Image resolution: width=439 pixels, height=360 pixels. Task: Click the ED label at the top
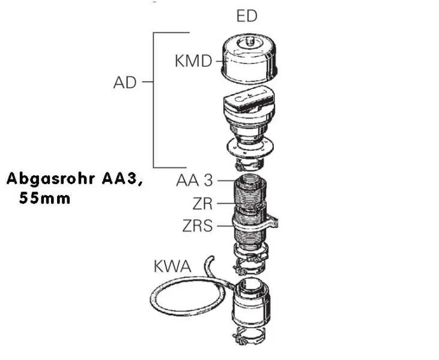coord(247,16)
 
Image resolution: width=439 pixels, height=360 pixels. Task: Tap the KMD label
coord(193,61)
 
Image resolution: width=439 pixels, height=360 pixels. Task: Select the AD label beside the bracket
coord(125,83)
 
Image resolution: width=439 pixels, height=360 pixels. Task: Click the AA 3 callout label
coord(195,181)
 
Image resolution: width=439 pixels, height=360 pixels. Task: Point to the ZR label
coord(202,204)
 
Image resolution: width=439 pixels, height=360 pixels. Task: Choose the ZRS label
coord(198,226)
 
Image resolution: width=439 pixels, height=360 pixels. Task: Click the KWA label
coord(173,266)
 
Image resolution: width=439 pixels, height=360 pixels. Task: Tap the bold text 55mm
coord(45,199)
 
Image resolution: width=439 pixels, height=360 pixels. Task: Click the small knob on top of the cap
coord(249,41)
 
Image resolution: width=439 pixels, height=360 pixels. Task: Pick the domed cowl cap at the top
coord(250,59)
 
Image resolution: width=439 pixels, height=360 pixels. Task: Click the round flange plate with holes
coord(249,148)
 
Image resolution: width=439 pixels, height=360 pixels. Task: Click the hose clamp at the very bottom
coord(249,335)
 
